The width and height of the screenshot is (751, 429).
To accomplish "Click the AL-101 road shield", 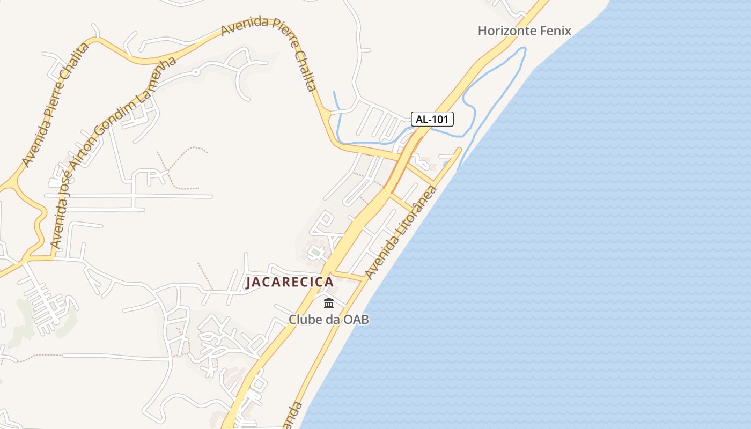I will (432, 119).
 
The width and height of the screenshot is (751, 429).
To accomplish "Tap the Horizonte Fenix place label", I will (524, 31).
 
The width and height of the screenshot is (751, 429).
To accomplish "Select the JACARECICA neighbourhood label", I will (290, 282).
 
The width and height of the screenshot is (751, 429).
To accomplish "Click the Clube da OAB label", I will (329, 320).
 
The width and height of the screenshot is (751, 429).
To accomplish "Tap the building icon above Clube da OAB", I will (329, 304).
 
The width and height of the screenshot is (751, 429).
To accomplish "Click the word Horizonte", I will (507, 31).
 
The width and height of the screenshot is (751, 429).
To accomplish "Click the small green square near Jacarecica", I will (316, 251).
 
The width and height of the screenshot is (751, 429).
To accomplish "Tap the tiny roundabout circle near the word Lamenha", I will (196, 71).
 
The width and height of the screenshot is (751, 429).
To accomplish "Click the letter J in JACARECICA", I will (249, 283).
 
